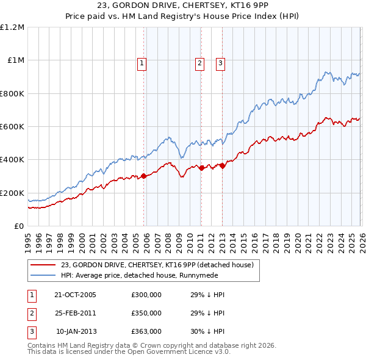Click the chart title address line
[x=183, y=7]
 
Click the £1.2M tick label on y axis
[x=12, y=27]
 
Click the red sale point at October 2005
[x=144, y=176]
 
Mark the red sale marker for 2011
[x=201, y=168]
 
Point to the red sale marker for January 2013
[x=222, y=165]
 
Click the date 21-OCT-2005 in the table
[x=76, y=295]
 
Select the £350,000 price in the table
[x=146, y=313]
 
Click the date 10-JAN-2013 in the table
[x=76, y=331]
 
